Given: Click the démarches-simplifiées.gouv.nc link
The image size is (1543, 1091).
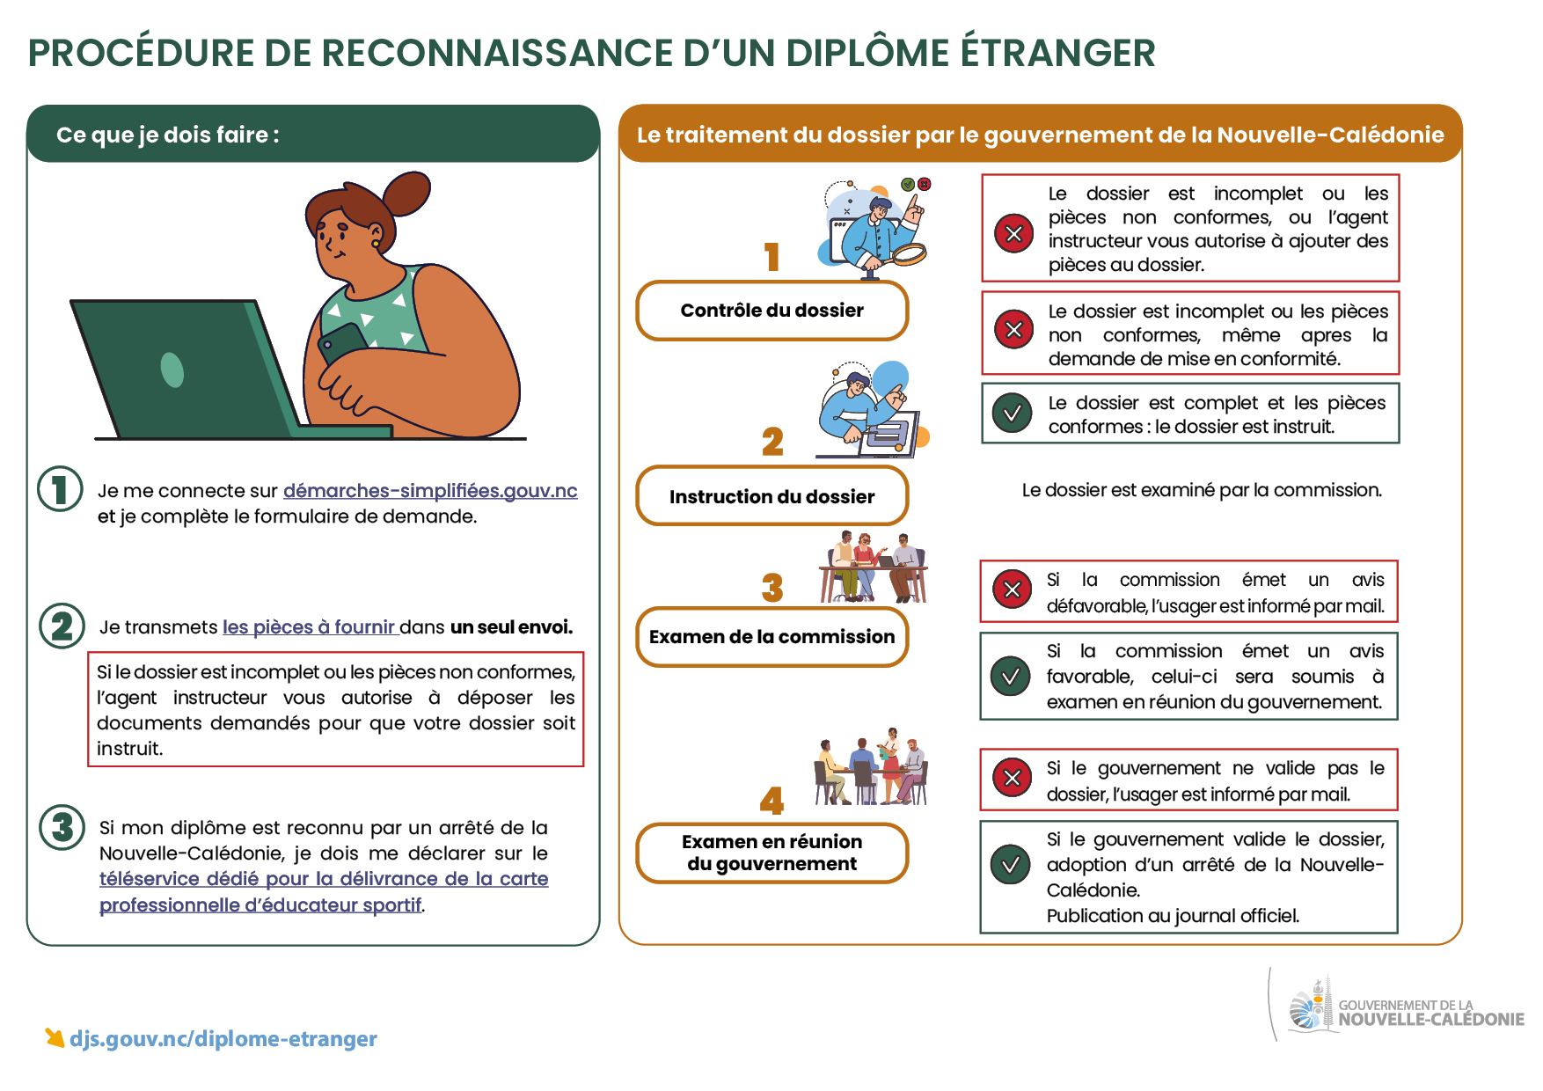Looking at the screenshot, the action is [430, 491].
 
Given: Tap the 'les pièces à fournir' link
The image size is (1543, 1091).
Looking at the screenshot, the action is [309, 627].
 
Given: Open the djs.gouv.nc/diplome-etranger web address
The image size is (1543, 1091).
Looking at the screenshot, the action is [223, 1039].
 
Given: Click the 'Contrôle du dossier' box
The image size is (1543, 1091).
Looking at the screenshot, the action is [772, 311].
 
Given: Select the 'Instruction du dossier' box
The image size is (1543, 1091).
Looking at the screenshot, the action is [772, 496].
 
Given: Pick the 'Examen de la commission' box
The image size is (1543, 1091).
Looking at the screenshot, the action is [772, 637].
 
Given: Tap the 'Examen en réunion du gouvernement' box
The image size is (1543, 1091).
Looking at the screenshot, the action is [772, 853].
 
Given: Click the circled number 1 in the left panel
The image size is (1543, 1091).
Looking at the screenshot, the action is [61, 489].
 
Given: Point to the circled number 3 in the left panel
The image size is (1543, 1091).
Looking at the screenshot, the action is [62, 827].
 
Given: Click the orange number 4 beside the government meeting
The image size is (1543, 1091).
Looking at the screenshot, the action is [772, 801].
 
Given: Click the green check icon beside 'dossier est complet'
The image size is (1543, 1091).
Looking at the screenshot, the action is [1013, 413].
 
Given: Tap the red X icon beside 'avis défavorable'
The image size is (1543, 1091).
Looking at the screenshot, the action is [1012, 589].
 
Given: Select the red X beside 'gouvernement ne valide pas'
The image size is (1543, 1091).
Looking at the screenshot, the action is [1012, 778].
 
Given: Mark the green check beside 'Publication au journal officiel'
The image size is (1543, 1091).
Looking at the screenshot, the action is [1011, 864].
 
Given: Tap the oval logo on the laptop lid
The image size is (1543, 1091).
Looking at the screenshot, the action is [172, 370].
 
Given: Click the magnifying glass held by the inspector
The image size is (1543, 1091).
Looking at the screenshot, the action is [907, 255].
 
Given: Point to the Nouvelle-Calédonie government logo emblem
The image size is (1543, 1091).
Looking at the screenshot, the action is [1309, 1005].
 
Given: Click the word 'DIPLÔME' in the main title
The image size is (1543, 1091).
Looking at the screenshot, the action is [867, 52].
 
